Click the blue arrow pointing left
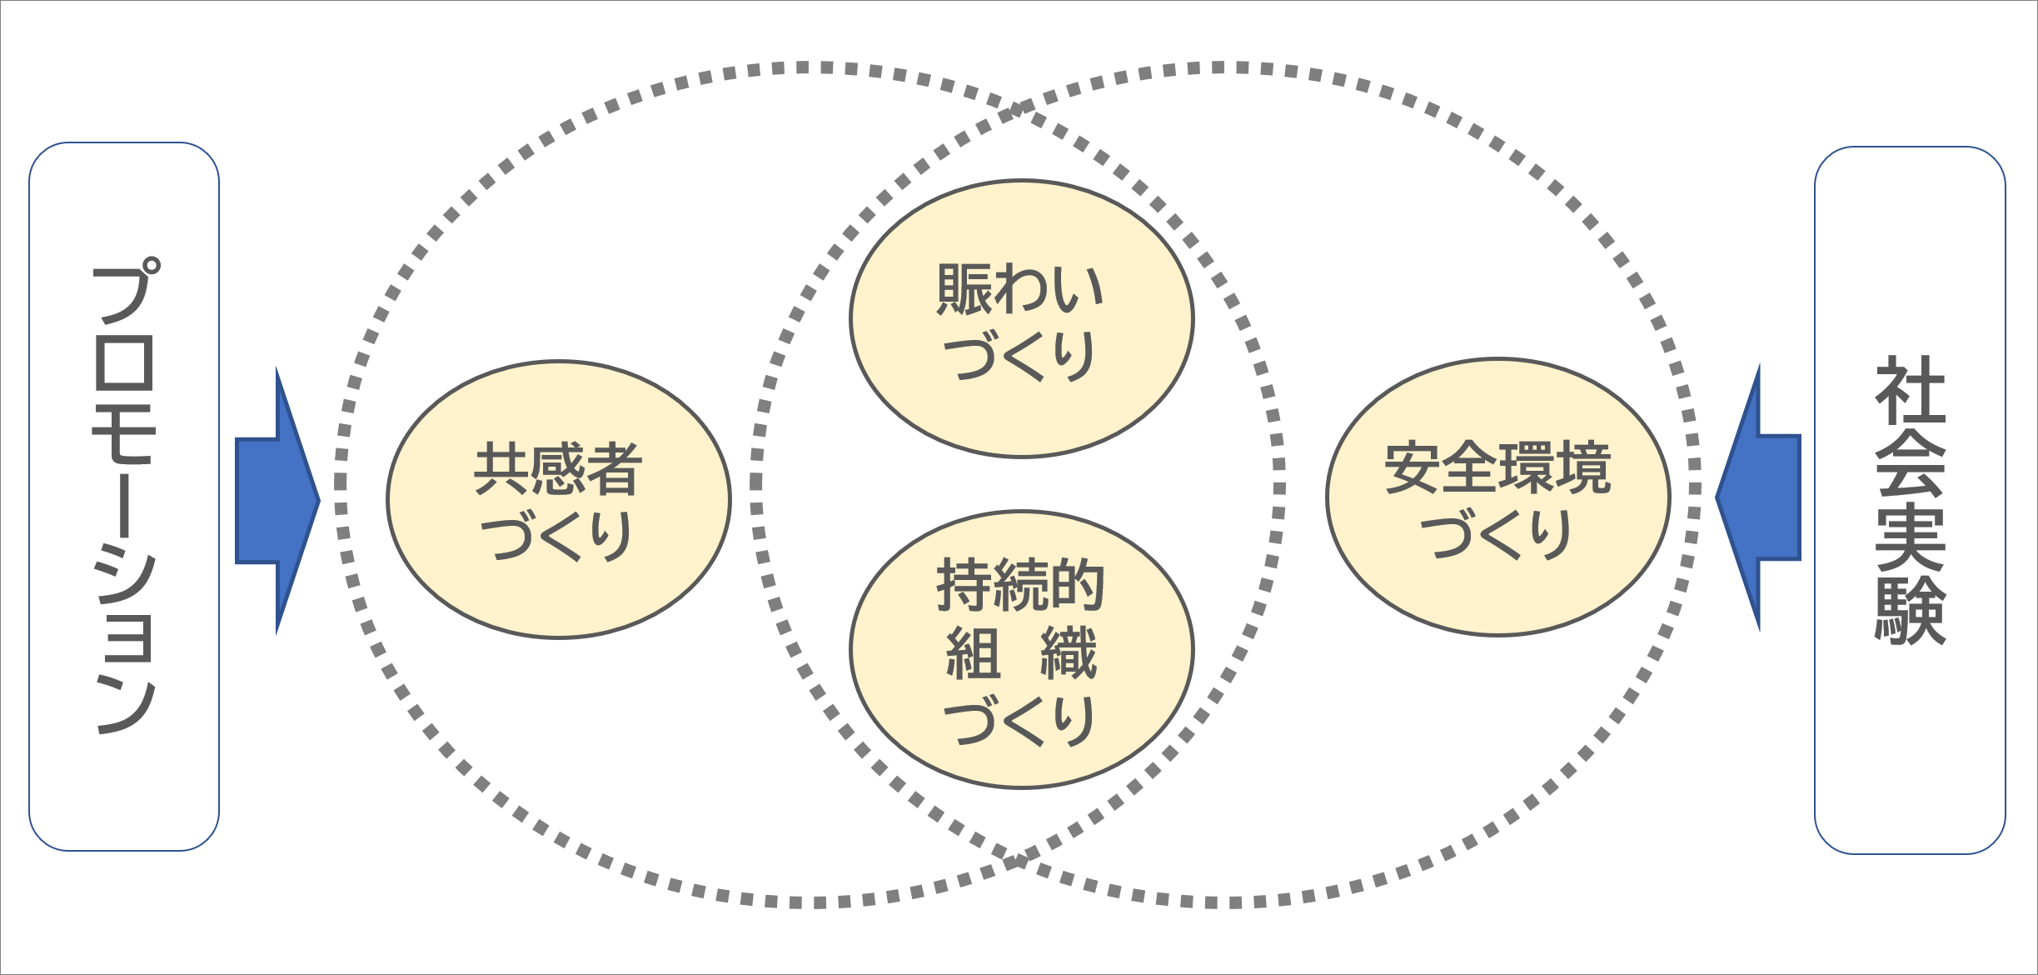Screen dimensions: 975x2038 pos(1762,497)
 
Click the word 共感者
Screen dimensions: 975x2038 pos(558,468)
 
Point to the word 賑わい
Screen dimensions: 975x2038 pos(1020,289)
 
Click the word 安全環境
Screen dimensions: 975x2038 pos(1497,467)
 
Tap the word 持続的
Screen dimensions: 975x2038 pos(1020,585)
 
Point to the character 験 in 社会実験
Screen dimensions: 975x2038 pos(1910,611)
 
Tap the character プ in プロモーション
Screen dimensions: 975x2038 pos(125,292)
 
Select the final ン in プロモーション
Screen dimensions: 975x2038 pos(125,704)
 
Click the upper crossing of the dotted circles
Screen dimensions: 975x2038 pos(1017,109)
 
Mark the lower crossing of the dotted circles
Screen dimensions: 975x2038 pos(1017,861)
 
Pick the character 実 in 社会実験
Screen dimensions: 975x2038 pos(1910,537)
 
